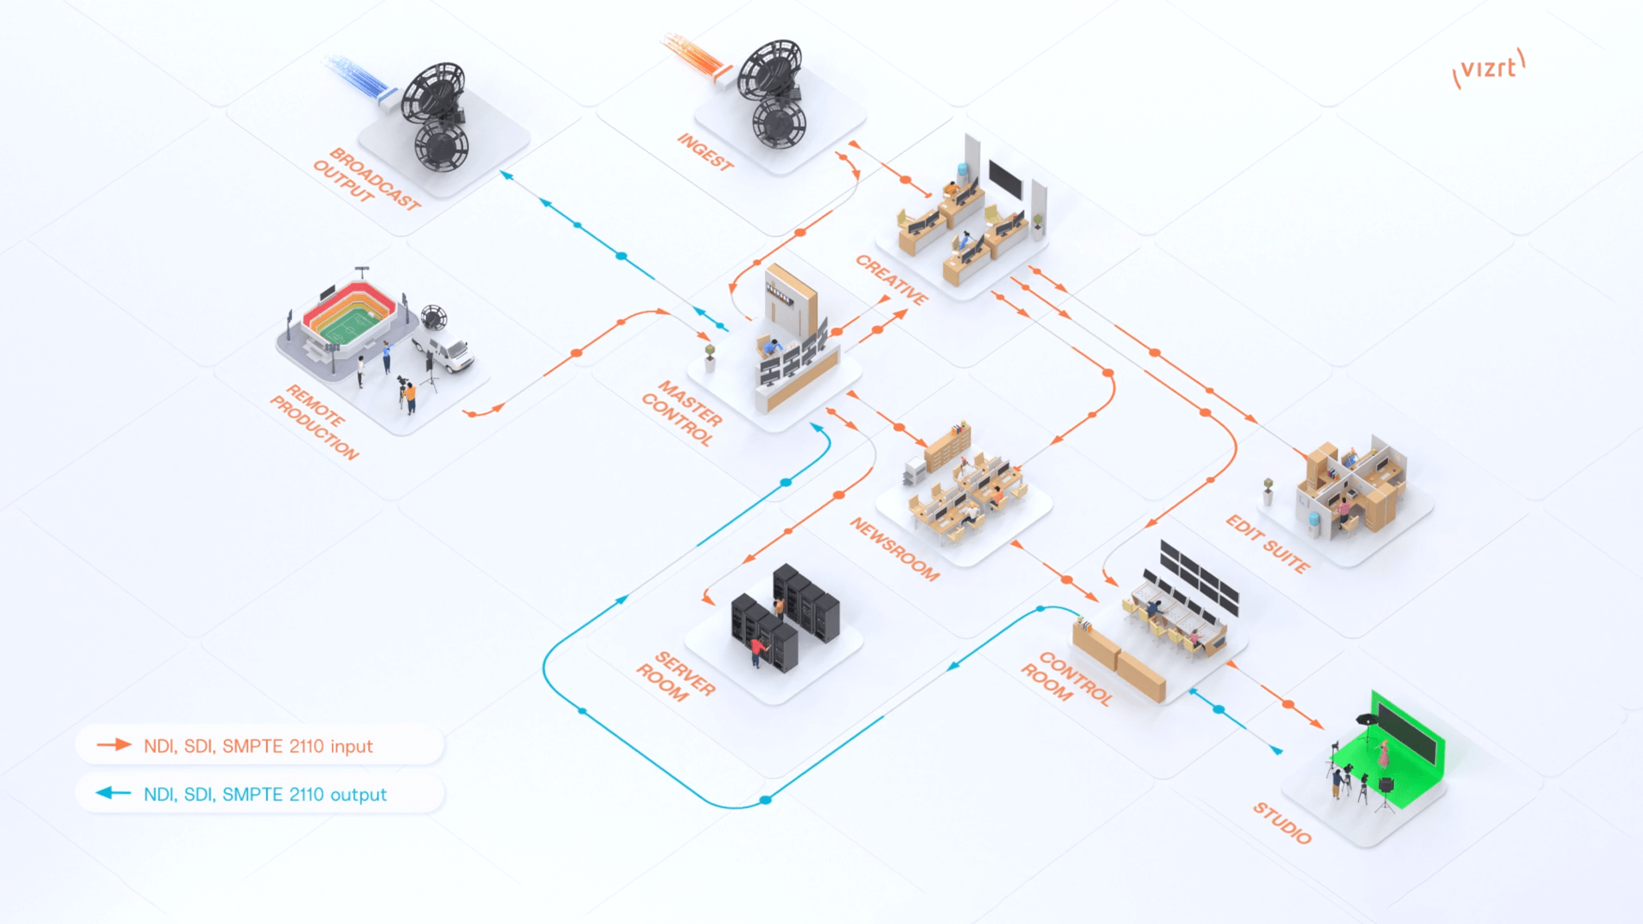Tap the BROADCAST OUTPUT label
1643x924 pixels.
[366, 179]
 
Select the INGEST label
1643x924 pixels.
[705, 152]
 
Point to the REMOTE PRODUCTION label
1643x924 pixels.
[315, 421]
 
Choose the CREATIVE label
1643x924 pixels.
[892, 280]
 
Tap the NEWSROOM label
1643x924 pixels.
[894, 548]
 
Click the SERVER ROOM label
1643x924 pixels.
[675, 676]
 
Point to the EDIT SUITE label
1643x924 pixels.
[1267, 544]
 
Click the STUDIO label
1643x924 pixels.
[1282, 823]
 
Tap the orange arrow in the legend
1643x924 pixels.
[114, 745]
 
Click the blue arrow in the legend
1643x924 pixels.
[114, 793]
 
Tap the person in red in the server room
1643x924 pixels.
[756, 650]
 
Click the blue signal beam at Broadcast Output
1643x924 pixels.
[359, 75]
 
